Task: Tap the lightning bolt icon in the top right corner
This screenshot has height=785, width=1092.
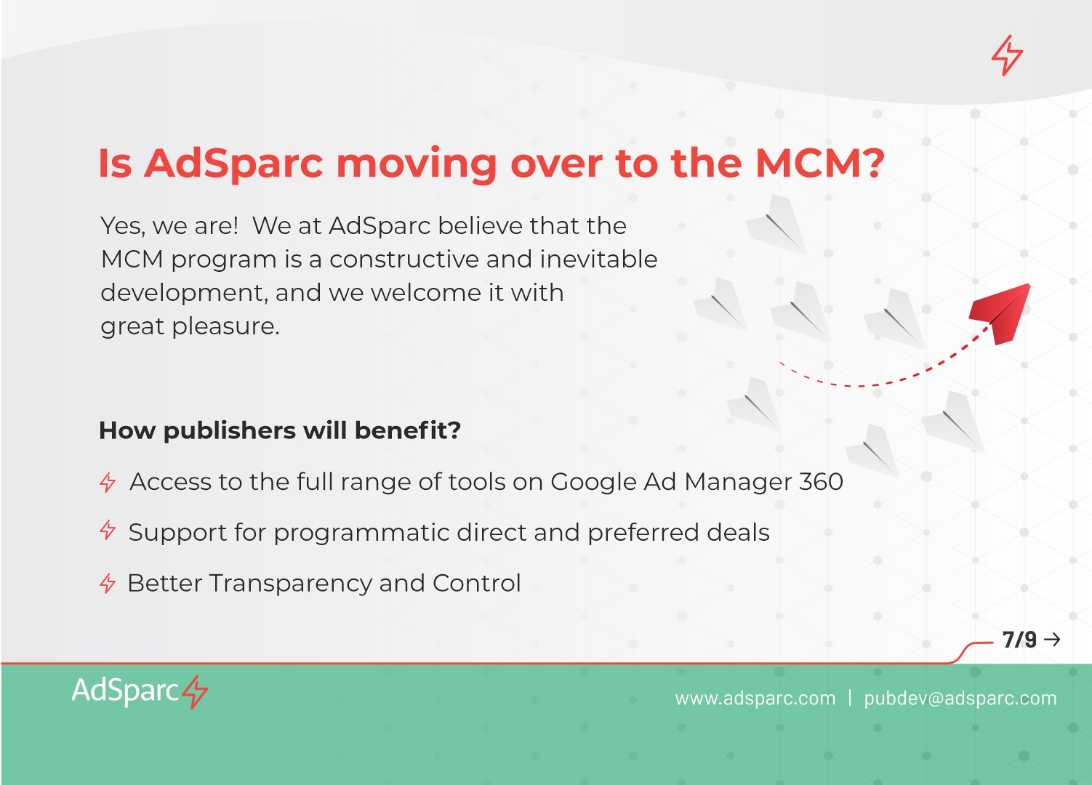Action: click(1007, 55)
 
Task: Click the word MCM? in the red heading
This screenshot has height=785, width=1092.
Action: click(820, 163)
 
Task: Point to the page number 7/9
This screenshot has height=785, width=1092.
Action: click(1019, 640)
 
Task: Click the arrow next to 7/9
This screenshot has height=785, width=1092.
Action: click(1053, 640)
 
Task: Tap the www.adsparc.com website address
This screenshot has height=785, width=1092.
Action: click(755, 699)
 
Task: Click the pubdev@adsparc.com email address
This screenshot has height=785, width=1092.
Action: click(960, 699)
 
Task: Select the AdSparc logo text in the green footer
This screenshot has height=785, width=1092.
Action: click(125, 691)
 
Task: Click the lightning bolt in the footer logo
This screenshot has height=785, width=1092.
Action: click(195, 692)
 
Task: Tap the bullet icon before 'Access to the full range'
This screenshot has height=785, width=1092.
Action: click(108, 483)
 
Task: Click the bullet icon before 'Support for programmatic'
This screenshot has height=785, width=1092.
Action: click(108, 530)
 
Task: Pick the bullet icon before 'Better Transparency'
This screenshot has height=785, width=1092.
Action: click(108, 583)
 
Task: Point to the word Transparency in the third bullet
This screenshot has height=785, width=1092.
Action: click(291, 584)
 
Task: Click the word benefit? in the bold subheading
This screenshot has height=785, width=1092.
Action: click(408, 430)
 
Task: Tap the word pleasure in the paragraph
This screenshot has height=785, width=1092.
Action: click(225, 326)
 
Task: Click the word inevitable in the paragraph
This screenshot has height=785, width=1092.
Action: click(598, 259)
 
